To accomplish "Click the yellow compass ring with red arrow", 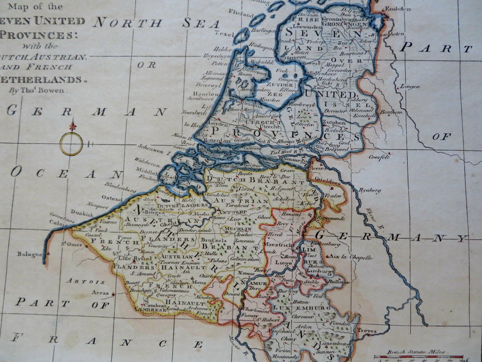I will coord(71,143).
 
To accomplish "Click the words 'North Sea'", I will coord(156,23).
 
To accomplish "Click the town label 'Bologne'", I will coord(30,254).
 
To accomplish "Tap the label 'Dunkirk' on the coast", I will coord(82,213).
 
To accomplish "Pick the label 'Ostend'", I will coord(112,198).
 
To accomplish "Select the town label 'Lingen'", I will coord(407,86).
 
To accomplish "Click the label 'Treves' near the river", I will coord(367,330).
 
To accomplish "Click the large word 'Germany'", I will coord(391,237).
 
